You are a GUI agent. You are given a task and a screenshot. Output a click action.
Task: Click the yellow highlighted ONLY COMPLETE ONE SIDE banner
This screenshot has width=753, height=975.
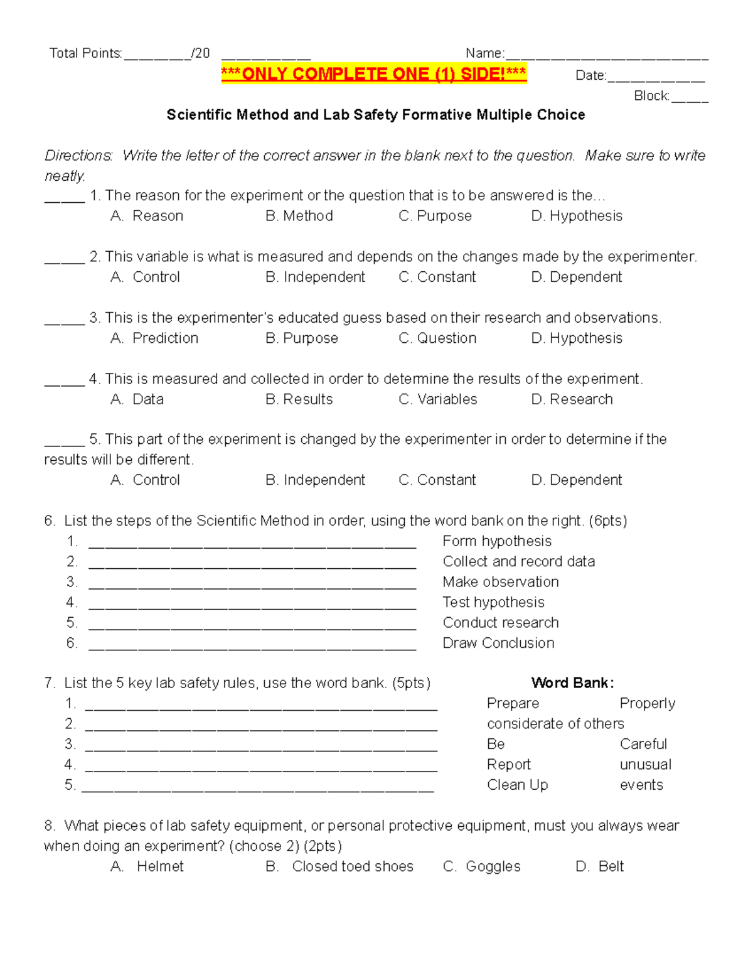[x=373, y=74]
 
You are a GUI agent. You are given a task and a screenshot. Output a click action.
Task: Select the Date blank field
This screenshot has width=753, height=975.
[x=656, y=78]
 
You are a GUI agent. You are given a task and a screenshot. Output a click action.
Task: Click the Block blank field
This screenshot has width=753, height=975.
[x=690, y=98]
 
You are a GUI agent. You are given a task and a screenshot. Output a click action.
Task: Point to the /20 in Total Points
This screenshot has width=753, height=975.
[x=200, y=53]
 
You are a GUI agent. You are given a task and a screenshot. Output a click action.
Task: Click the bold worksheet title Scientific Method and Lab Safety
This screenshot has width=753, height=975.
[x=375, y=115]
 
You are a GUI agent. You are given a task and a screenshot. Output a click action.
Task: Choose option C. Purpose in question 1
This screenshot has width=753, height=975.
[x=435, y=216]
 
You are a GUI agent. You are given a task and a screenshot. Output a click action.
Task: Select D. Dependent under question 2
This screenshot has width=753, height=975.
[x=576, y=277]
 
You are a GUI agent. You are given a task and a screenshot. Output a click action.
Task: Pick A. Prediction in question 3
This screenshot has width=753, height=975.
[x=154, y=338]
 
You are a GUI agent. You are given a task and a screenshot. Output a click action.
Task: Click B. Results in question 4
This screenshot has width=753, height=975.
[x=299, y=399]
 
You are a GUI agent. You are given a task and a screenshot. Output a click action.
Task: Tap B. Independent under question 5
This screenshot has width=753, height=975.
[x=315, y=480]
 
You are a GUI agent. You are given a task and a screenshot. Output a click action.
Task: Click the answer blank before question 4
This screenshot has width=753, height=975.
[x=64, y=381]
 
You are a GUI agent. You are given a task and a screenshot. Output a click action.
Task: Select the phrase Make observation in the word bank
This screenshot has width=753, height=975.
[x=500, y=582]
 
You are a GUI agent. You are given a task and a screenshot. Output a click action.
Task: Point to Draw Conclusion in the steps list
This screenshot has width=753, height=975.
[x=498, y=643]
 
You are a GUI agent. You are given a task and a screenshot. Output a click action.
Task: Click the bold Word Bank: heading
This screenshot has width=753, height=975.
[x=572, y=683]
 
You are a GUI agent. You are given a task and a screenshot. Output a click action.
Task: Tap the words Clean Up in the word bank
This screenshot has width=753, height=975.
[x=517, y=785]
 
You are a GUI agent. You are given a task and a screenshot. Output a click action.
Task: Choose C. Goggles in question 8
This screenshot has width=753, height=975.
[x=481, y=866]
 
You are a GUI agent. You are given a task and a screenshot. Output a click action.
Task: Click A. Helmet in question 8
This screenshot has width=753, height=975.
[x=147, y=866]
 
